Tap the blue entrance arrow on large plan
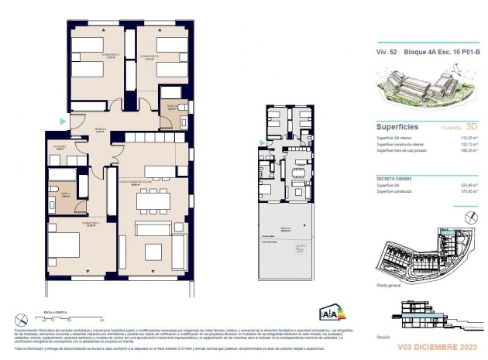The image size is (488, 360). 62,121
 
